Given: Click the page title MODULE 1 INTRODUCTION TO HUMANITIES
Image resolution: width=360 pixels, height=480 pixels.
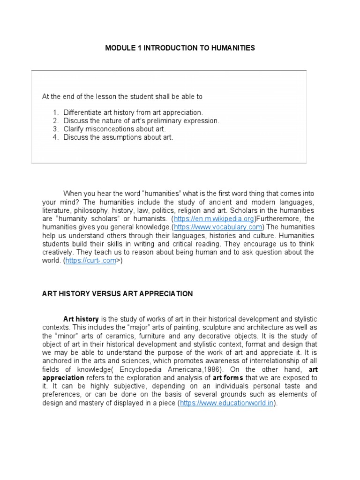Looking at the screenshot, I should (x=180, y=48).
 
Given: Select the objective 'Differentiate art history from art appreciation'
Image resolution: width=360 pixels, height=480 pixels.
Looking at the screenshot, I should (x=133, y=112).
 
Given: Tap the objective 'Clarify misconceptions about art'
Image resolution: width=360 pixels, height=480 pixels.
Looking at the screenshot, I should (x=114, y=129).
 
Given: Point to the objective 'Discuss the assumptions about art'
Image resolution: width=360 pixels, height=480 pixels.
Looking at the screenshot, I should (x=118, y=137).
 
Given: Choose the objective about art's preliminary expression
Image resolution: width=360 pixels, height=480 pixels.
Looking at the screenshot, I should (x=141, y=121).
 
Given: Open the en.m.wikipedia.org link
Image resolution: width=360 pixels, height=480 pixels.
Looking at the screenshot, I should (x=214, y=219).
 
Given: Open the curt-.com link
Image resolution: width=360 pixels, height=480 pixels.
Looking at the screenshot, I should (x=90, y=261).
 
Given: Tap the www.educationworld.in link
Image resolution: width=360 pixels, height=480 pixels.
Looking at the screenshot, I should (x=227, y=403).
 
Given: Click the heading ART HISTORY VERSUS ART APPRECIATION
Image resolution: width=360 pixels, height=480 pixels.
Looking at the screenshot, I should (x=117, y=294).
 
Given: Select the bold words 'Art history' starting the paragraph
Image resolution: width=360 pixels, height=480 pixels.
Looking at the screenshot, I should (x=81, y=319).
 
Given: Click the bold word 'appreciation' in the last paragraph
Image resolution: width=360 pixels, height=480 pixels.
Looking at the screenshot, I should (x=63, y=378).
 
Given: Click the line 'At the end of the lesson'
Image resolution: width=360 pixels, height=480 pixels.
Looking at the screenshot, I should (x=122, y=97).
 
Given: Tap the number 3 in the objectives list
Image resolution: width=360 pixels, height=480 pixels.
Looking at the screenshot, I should (x=55, y=129).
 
